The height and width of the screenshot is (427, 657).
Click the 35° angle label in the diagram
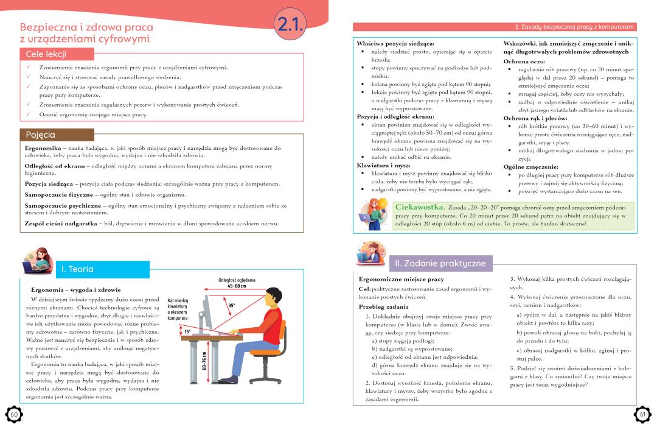232,306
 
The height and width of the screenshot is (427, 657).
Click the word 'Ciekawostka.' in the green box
420,207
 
